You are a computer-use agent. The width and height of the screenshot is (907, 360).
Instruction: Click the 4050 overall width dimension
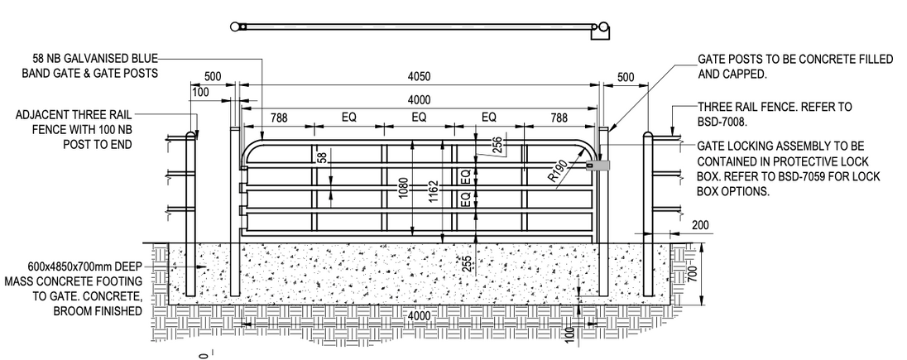(x=420, y=78)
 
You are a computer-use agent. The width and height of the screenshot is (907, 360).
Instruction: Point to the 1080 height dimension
(x=404, y=189)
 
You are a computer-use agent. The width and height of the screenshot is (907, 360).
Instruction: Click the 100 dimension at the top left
(x=200, y=92)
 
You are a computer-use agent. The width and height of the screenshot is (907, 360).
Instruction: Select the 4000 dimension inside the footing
(x=420, y=314)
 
